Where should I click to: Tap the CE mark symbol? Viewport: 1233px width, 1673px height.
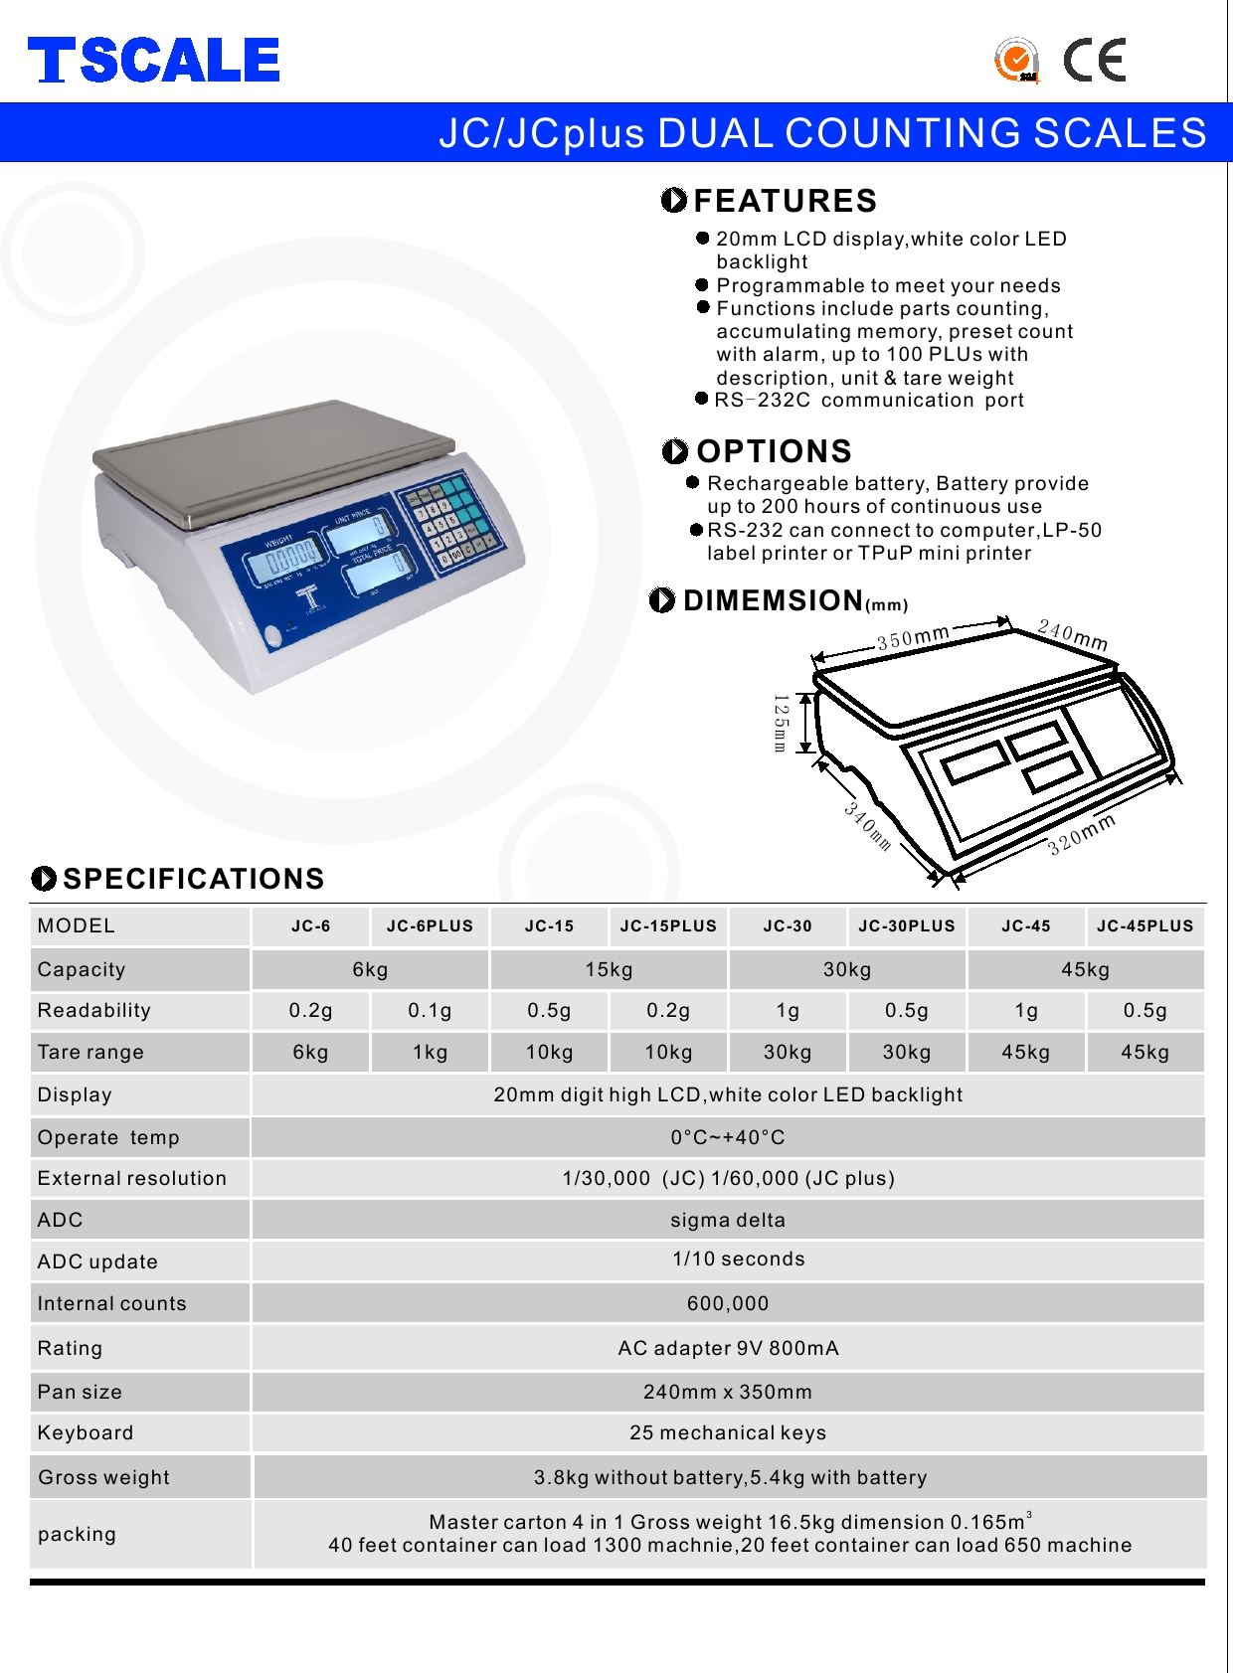pyautogui.click(x=1094, y=60)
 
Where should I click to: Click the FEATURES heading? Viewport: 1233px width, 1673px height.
pyautogui.click(x=785, y=201)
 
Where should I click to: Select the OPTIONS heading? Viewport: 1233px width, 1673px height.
pyautogui.click(x=774, y=451)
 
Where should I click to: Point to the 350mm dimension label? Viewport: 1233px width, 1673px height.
pyautogui.click(x=913, y=636)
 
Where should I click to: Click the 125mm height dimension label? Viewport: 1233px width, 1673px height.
pyautogui.click(x=781, y=723)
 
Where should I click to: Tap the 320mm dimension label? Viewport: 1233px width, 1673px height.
pyautogui.click(x=1082, y=834)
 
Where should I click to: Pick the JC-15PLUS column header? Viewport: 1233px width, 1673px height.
pyautogui.click(x=668, y=926)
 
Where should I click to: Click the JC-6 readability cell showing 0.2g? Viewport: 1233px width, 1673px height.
pyautogui.click(x=310, y=1011)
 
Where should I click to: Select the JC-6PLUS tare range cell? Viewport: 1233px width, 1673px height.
pyautogui.click(x=430, y=1052)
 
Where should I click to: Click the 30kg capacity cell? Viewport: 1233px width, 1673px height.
pyautogui.click(x=847, y=969)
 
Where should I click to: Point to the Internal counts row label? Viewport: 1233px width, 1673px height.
pyautogui.click(x=111, y=1303)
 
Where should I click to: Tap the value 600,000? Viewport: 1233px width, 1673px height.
pyautogui.click(x=728, y=1303)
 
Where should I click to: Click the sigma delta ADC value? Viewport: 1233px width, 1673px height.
pyautogui.click(x=728, y=1220)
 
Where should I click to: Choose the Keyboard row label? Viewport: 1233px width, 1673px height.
pyautogui.click(x=86, y=1432)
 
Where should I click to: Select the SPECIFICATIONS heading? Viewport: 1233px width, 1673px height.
pyautogui.click(x=193, y=879)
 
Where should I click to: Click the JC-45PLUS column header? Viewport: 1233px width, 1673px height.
pyautogui.click(x=1145, y=926)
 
